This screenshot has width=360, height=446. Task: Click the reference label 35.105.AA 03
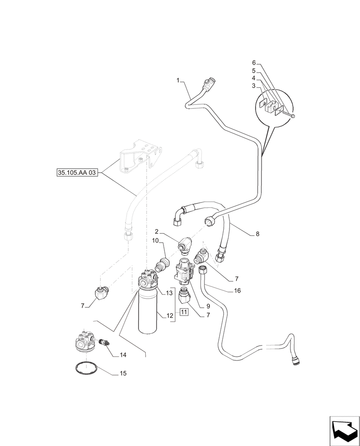tap(77, 173)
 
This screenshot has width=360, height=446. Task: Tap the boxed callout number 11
tap(184, 313)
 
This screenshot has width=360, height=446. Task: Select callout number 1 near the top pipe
tap(178, 81)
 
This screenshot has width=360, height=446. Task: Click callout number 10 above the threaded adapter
tap(155, 241)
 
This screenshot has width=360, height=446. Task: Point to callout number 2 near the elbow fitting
tap(157, 231)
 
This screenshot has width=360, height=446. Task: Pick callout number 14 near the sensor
tap(123, 355)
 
